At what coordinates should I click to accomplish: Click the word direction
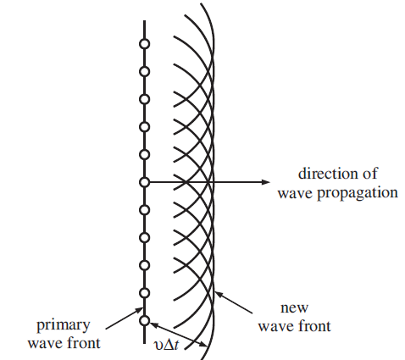point(328,174)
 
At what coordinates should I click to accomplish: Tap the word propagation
point(358,194)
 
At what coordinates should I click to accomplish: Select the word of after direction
point(370,174)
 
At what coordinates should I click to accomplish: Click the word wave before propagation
point(296,193)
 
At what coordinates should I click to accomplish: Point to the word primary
point(64,326)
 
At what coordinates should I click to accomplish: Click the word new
point(294,307)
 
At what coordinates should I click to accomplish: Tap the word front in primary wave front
point(83,343)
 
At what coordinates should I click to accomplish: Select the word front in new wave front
point(314,325)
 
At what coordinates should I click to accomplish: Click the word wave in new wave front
point(275,327)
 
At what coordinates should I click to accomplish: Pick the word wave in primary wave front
point(45,344)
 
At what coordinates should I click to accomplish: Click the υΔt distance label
point(166,345)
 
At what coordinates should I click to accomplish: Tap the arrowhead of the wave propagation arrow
point(266,182)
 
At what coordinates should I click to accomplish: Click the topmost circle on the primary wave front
point(145,44)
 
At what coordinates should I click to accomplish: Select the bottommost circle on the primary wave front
point(145,320)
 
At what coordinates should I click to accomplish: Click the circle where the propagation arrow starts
point(145,182)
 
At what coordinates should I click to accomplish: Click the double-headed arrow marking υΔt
point(179,335)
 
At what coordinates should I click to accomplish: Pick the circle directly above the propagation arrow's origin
point(145,155)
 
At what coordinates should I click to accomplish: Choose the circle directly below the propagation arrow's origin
point(145,210)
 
